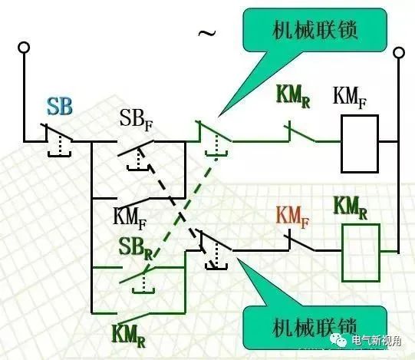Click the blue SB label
point(60,107)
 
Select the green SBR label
point(136,249)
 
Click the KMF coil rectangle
point(360,144)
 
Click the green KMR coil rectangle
point(361,253)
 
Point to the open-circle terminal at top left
point(24,48)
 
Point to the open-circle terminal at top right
point(399,52)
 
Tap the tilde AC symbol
point(207,33)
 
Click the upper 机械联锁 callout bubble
point(315,30)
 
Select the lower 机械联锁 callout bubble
point(315,328)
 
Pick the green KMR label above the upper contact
point(293,97)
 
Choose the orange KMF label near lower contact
point(292,217)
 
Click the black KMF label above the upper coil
point(349,97)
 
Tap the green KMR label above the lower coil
point(350,208)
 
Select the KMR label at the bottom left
point(129,335)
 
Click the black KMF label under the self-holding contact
point(130,219)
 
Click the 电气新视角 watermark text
point(377,340)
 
